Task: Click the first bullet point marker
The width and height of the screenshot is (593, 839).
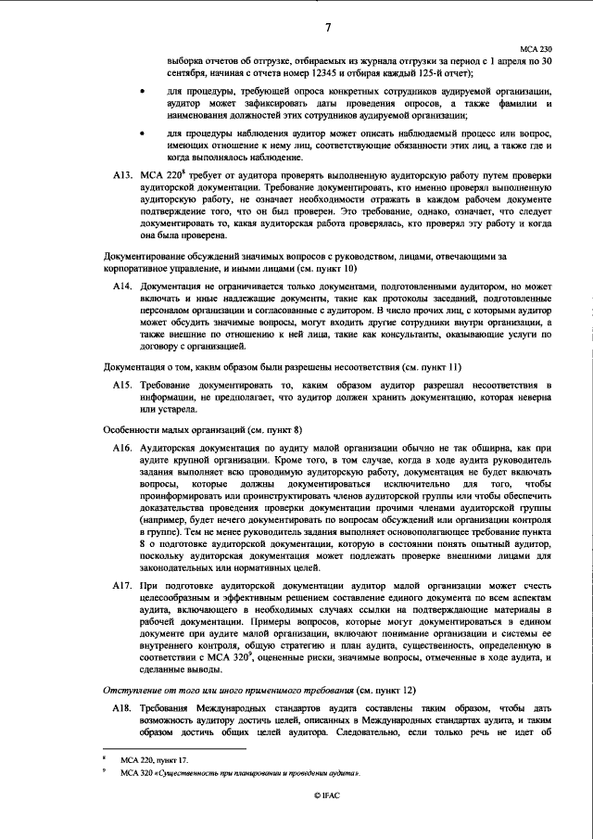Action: pos(141,93)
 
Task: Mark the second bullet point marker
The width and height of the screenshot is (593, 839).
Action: pos(141,133)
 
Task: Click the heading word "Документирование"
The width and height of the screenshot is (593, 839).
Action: pos(138,254)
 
